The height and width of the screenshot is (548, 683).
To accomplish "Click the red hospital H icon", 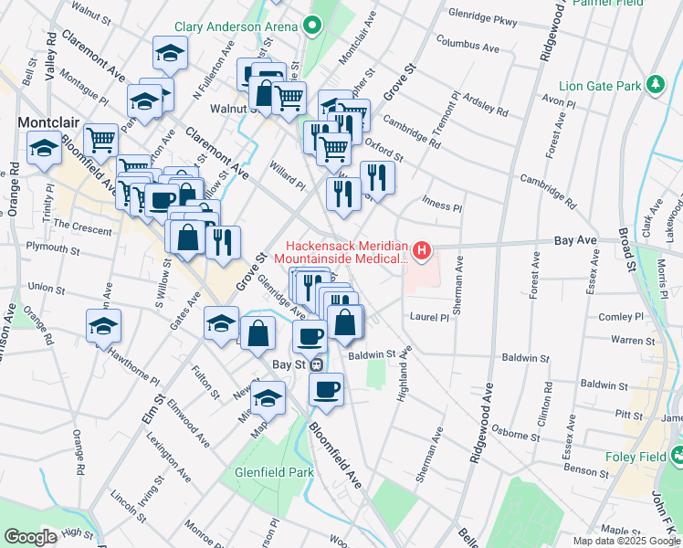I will [421, 248].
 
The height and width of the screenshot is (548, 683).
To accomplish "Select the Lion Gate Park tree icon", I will [654, 86].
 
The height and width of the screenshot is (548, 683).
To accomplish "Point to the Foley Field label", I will [637, 458].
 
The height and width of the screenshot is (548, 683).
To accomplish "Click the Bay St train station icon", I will [316, 364].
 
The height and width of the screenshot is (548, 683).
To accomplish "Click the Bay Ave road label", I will [575, 239].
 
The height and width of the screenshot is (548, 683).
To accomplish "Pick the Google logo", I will [31, 536].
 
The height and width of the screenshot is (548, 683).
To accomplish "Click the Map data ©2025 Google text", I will [627, 541].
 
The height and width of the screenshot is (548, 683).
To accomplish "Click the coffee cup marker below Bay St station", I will [326, 391].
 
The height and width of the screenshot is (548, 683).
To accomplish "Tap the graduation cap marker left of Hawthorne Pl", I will [104, 325].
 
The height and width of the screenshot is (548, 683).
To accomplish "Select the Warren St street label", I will [627, 339].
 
